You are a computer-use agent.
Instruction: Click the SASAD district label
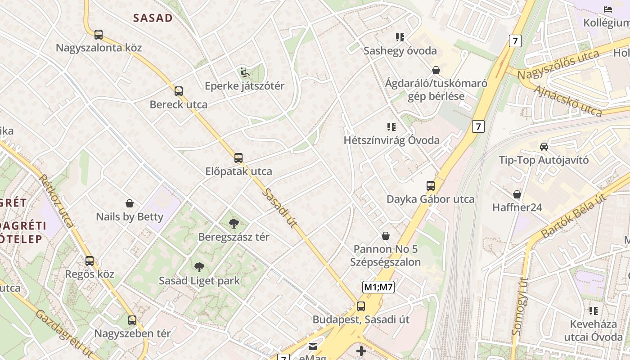tap(153, 18)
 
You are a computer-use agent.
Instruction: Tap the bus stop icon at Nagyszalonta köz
tap(98, 34)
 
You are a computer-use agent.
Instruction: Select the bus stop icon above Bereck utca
tap(179, 91)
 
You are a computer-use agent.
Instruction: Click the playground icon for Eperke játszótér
tap(244, 72)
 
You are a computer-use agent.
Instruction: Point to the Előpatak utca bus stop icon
tap(238, 158)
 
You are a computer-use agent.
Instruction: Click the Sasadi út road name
tap(279, 208)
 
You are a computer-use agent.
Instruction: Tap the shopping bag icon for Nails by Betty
tap(130, 203)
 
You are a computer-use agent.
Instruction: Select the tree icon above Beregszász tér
tap(234, 224)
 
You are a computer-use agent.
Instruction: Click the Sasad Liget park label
tap(199, 281)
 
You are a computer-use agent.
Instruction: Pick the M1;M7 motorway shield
tap(378, 287)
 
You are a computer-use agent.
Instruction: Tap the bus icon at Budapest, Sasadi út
tap(361, 306)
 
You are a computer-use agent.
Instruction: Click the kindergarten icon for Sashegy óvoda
tap(400, 37)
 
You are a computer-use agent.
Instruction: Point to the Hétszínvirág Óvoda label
tap(391, 140)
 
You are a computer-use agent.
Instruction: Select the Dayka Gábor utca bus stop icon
tap(431, 186)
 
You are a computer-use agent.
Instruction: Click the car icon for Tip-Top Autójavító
tap(544, 147)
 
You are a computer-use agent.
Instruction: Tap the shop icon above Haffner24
tap(517, 194)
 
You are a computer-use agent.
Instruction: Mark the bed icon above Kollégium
tap(608, 9)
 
